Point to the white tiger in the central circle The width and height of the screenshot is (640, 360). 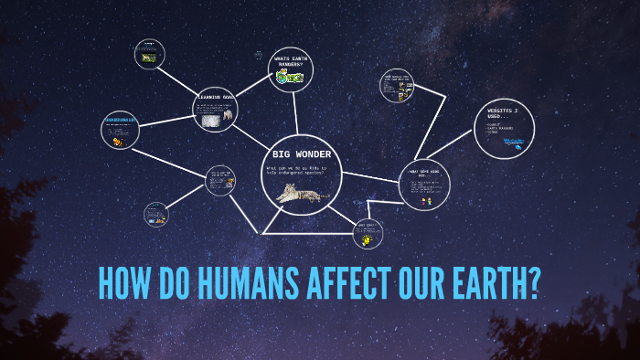(x=299, y=193)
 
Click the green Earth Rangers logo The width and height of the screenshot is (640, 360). (x=291, y=78)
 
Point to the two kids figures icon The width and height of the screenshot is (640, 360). (x=426, y=199)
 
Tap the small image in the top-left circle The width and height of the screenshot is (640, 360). (x=147, y=58)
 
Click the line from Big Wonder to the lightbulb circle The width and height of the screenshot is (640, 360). (x=343, y=214)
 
